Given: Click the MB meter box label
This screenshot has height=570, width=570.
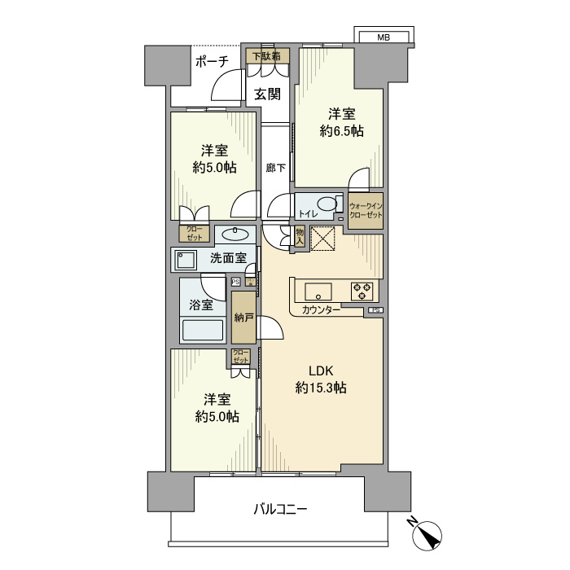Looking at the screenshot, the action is [384, 37].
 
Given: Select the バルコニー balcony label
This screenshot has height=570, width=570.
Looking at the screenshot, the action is [280, 509].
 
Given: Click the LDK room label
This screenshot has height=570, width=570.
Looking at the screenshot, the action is [321, 371].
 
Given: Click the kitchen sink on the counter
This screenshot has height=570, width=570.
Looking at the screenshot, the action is [318, 292].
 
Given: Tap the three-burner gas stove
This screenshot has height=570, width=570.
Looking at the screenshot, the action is [362, 292].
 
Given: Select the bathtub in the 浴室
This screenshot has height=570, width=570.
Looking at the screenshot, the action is [203, 330].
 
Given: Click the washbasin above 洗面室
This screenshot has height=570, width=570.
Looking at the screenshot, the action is [235, 235].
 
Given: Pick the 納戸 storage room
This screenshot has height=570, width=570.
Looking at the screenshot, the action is [243, 317].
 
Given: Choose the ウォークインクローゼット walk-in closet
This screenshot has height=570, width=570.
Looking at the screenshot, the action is [366, 211].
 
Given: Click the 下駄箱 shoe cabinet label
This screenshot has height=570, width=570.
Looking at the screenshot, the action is [268, 56].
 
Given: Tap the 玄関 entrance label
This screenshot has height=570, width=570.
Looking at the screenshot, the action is [268, 94].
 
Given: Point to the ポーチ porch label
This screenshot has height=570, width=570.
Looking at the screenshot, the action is [212, 62].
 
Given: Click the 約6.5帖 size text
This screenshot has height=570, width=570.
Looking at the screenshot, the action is [341, 131].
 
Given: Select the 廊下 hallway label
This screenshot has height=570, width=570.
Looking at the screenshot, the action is [275, 168].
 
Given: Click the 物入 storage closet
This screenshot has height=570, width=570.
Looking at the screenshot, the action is [300, 237].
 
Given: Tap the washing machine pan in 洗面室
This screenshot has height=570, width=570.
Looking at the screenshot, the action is [186, 260].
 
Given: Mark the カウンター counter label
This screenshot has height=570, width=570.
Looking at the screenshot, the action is [321, 309].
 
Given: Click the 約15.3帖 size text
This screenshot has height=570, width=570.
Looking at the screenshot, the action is [321, 388].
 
